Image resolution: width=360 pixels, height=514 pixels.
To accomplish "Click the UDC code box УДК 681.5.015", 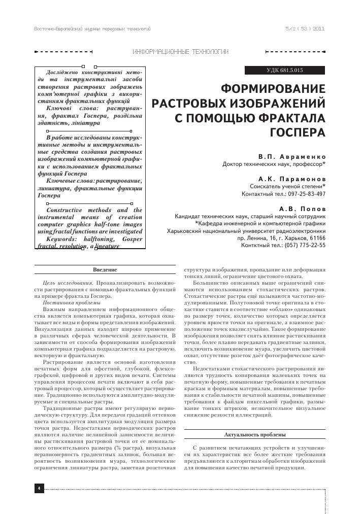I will (x=284, y=70).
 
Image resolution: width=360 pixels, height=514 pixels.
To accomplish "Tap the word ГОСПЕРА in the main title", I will (x=297, y=133).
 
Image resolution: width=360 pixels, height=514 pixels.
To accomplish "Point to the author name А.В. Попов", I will (x=303, y=209).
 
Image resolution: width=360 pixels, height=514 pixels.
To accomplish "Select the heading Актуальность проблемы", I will (x=254, y=435).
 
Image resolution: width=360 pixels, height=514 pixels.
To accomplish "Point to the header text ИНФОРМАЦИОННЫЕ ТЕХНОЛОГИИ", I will (x=180, y=52).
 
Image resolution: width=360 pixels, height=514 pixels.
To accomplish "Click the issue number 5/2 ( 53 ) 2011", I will (x=305, y=29).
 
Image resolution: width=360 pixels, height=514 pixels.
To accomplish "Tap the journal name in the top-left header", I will (x=92, y=29).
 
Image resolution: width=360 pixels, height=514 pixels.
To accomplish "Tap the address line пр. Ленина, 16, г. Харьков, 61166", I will (x=282, y=237).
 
